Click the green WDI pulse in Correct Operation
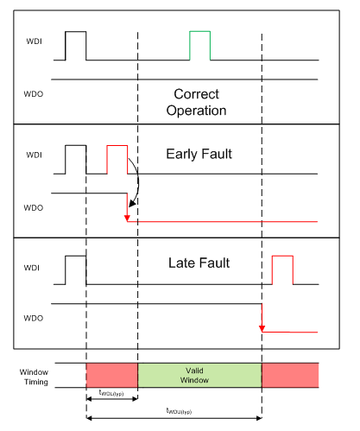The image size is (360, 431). coord(199,46)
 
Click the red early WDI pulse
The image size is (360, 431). coord(117,160)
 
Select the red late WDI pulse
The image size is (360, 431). coord(282,269)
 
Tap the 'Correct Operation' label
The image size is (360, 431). coord(199,102)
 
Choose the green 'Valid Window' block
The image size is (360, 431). coord(199,375)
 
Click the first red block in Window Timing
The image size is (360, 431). coord(112,375)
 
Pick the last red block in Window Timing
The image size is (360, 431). coord(290,375)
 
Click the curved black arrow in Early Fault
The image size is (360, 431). coord(132,186)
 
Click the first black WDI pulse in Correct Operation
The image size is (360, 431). coord(76,46)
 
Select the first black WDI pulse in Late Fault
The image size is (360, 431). coord(76,269)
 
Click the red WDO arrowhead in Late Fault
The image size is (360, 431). coord(262,327)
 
